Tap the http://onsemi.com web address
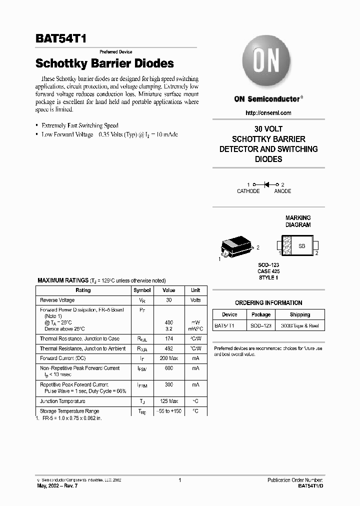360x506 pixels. coord(268,113)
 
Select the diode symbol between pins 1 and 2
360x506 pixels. coord(267,184)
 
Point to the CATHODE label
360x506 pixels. coord(248,191)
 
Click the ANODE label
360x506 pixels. coord(282,191)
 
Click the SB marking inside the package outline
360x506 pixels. coord(301,246)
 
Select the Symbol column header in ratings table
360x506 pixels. coord(142,290)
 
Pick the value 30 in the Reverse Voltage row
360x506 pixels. coord(168,300)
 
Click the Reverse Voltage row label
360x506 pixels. coord(57,300)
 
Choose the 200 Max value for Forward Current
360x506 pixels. coord(168,358)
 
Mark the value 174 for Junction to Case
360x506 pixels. coord(168,338)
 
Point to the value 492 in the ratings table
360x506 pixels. coord(168,348)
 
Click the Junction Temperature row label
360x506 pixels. coord(62,401)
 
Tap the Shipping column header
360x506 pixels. coord(299,314)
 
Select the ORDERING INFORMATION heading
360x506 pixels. coord(268,302)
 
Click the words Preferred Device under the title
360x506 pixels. coord(115,52)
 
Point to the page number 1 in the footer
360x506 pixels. coord(179,480)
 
